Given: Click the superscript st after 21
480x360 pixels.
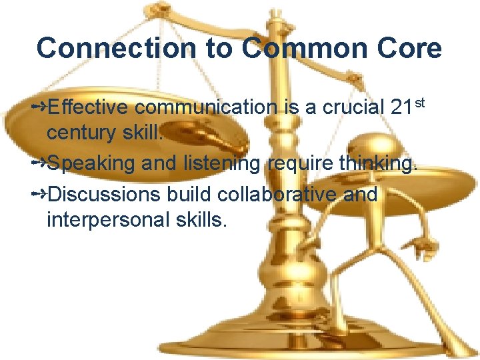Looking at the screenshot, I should pos(420,101).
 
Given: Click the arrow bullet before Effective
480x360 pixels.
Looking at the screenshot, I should pos(39,107).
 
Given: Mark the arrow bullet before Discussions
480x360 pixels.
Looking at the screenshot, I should pos(39,193).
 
